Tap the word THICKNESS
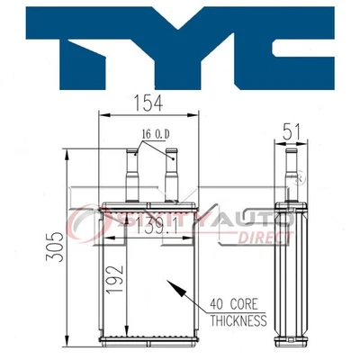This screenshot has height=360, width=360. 238,319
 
